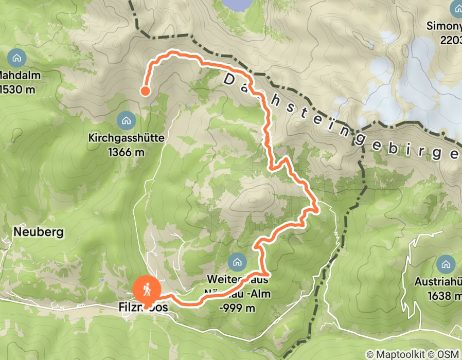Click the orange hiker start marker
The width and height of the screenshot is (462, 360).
147,290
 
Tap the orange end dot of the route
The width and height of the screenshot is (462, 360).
145,91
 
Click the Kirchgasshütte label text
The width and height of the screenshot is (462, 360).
126,138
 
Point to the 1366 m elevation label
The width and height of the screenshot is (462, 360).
126,152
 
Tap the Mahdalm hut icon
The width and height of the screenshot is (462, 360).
17,57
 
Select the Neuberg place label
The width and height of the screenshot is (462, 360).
39,232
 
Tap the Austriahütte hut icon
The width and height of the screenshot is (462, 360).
446,265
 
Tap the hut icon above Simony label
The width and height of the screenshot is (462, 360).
457,8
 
